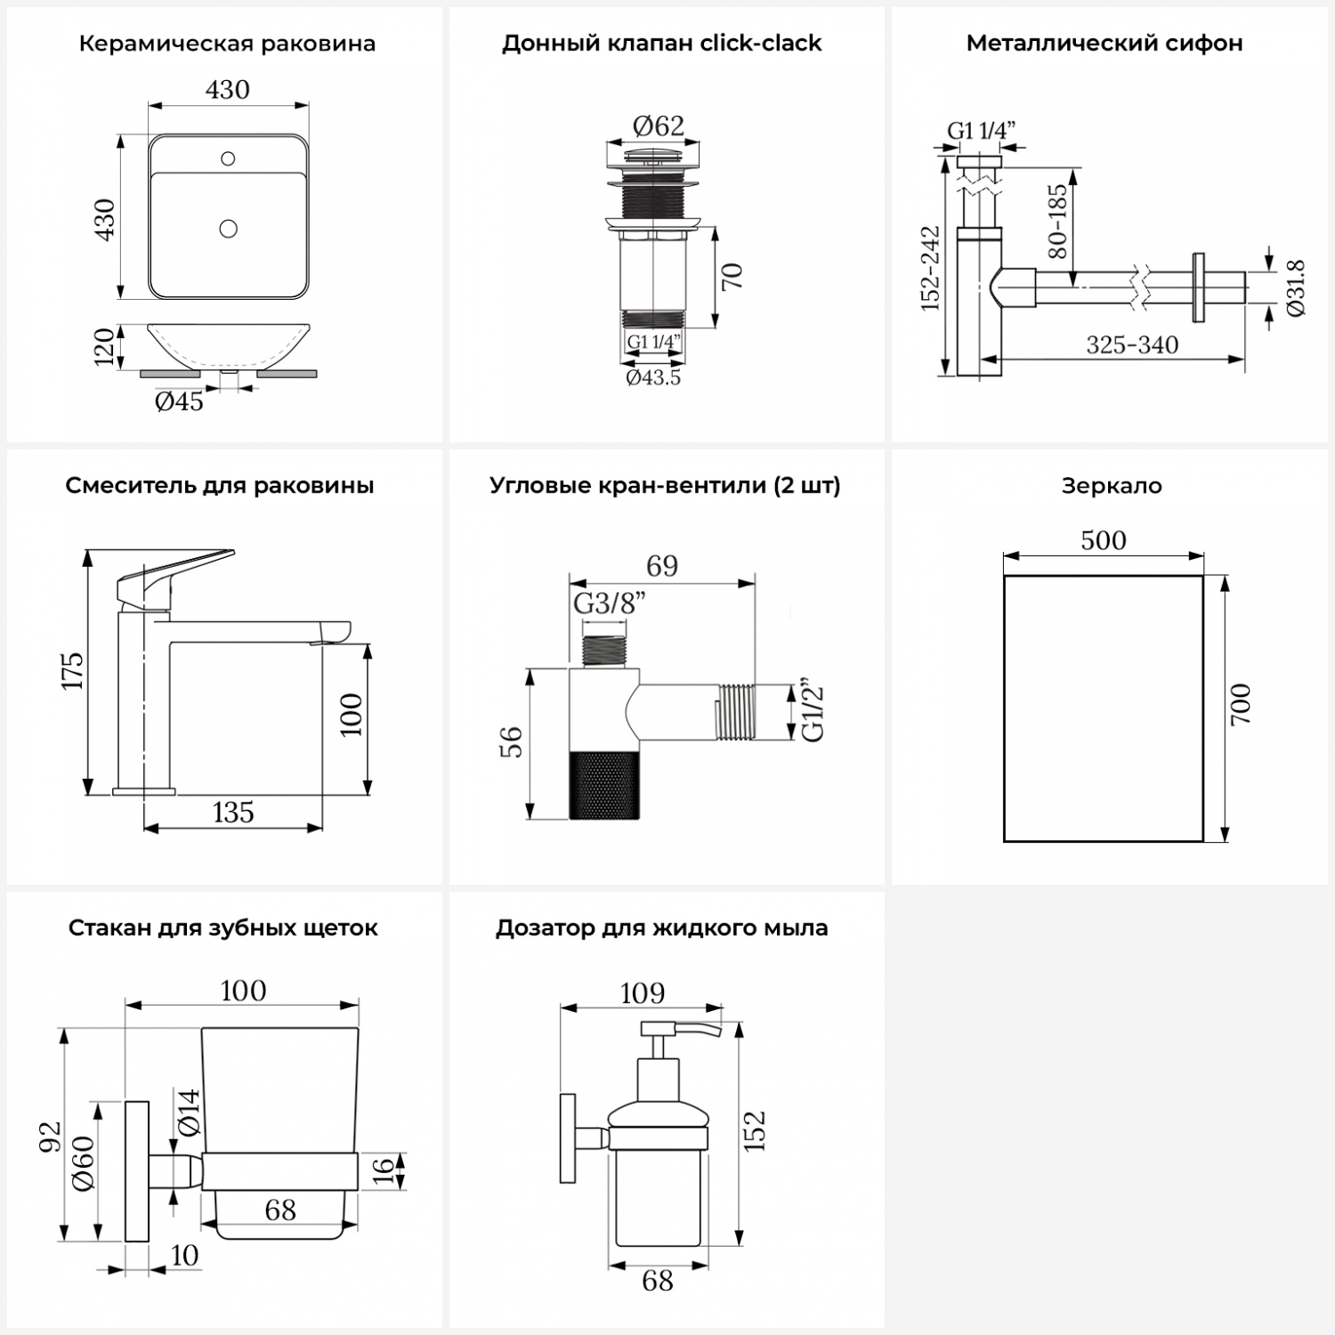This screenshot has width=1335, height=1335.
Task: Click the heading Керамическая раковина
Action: pyautogui.click(x=227, y=44)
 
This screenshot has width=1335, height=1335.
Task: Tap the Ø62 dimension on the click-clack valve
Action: pyautogui.click(x=659, y=126)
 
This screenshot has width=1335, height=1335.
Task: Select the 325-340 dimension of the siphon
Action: pyautogui.click(x=1132, y=345)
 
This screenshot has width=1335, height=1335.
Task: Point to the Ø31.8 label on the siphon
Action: pyautogui.click(x=1296, y=287)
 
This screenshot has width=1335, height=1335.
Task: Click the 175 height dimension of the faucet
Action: pyautogui.click(x=72, y=670)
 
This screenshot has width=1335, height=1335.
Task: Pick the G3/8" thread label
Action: pyautogui.click(x=610, y=604)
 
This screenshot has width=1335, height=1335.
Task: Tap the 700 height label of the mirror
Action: pyautogui.click(x=1241, y=704)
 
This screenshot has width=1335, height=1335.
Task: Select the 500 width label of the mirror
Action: pyautogui.click(x=1104, y=540)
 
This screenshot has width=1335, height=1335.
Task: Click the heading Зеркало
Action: pyautogui.click(x=1112, y=486)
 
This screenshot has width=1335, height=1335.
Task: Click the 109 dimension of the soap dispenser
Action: pyautogui.click(x=643, y=993)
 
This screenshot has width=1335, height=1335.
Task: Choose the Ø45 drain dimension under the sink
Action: pyautogui.click(x=179, y=402)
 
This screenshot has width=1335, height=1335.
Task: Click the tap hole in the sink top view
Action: pyautogui.click(x=228, y=159)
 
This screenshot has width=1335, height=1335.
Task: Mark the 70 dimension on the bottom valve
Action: pyautogui.click(x=732, y=277)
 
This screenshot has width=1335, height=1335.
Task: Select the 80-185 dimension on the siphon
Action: pyautogui.click(x=1057, y=222)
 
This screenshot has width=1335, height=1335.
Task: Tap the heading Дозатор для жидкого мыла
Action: pyautogui.click(x=661, y=928)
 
